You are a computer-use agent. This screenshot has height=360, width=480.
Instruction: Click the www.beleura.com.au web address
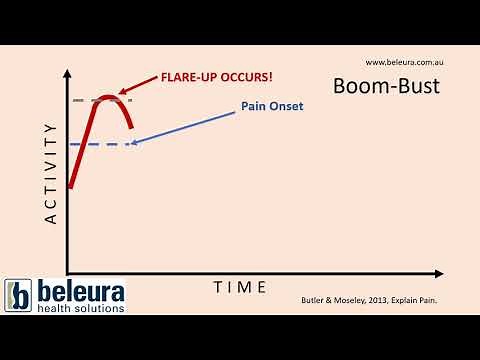pyautogui.click(x=403, y=62)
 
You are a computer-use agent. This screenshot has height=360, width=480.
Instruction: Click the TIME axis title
pyautogui.click(x=240, y=287)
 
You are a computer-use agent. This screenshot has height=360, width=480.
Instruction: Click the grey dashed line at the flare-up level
pyautogui.click(x=83, y=100)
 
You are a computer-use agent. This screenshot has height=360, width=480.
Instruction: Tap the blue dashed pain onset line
pyautogui.click(x=100, y=144)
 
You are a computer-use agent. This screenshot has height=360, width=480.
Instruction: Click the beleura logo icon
pyautogui.click(x=19, y=295)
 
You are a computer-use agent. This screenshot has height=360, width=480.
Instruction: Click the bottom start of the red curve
pyautogui.click(x=69, y=186)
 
